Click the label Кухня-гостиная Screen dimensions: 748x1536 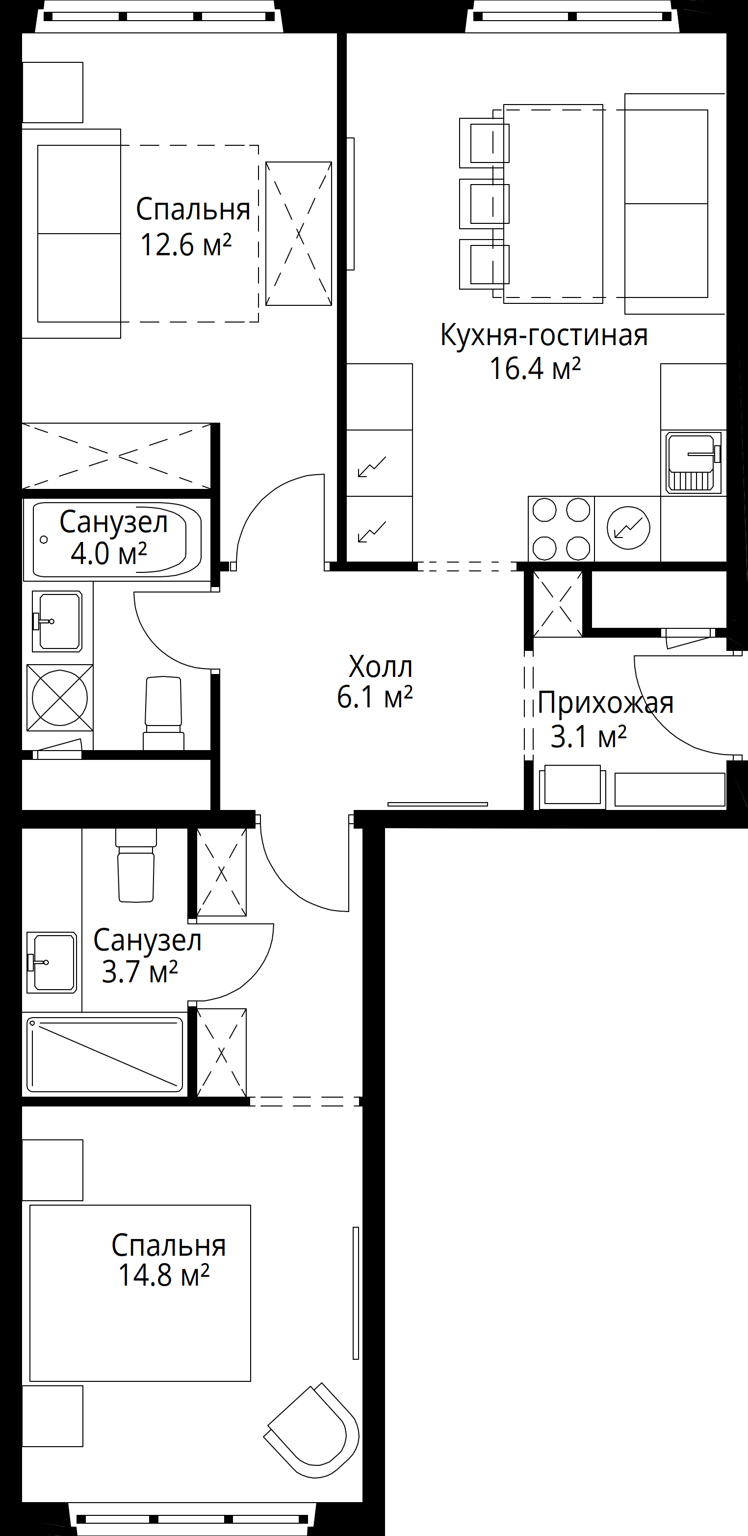pyautogui.click(x=543, y=335)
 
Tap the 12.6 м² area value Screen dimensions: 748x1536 pyautogui.click(x=185, y=245)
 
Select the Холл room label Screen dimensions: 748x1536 pyautogui.click(x=380, y=666)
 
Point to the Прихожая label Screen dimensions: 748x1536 pyautogui.click(x=606, y=703)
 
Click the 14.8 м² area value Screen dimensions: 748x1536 pyautogui.click(x=163, y=1275)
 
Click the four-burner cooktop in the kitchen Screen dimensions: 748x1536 pyautogui.click(x=561, y=529)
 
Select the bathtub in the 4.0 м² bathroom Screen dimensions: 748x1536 pyautogui.click(x=117, y=539)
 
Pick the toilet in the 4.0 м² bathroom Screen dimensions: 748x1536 pyautogui.click(x=163, y=713)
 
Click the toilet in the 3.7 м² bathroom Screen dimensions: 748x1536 pyautogui.click(x=136, y=865)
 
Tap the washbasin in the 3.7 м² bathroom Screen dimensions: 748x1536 pyautogui.click(x=52, y=962)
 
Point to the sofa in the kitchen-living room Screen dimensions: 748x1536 pyautogui.click(x=675, y=203)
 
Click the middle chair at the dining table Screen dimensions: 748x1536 pyautogui.click(x=484, y=203)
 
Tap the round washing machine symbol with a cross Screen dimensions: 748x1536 pyautogui.click(x=60, y=698)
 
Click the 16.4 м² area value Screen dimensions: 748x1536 pyautogui.click(x=535, y=369)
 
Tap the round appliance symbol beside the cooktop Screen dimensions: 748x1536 pyautogui.click(x=628, y=528)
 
